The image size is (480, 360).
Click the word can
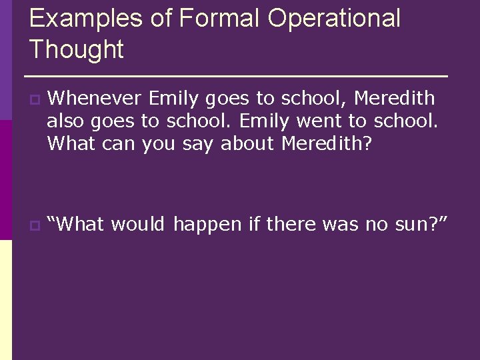[x=121, y=144]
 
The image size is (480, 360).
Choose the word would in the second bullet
[x=137, y=225]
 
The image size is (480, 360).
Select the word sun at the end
[x=407, y=225]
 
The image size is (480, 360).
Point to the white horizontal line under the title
[x=236, y=75]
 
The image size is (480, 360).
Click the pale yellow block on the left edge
[x=6, y=300]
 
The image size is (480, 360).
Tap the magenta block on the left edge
[x=6, y=180]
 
